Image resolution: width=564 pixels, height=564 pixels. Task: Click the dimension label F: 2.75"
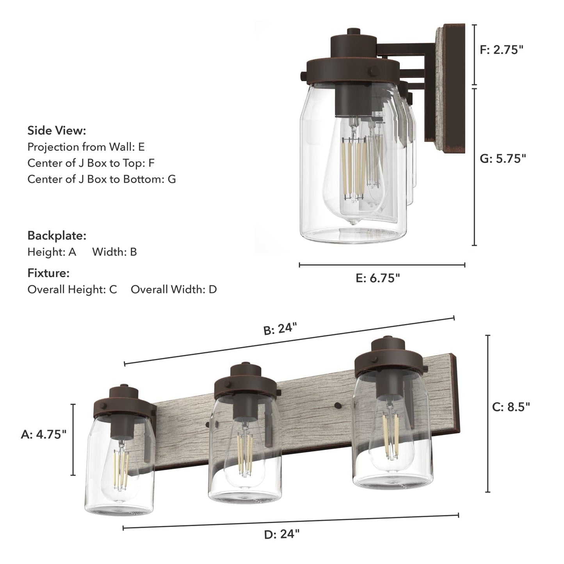[501, 50]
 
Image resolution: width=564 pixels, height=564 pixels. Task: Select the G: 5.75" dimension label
[503, 158]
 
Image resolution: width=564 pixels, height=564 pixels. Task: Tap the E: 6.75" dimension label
[377, 278]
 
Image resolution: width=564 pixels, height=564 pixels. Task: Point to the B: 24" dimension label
[280, 329]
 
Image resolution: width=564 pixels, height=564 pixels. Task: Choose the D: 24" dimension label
[282, 534]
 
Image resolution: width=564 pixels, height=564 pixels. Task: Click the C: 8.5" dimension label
[511, 407]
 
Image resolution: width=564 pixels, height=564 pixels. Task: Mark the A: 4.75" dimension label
[44, 434]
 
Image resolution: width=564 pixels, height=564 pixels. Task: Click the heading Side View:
[57, 130]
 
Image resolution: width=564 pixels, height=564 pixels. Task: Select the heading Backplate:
[57, 236]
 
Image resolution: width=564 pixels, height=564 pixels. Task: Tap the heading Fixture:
[48, 273]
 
